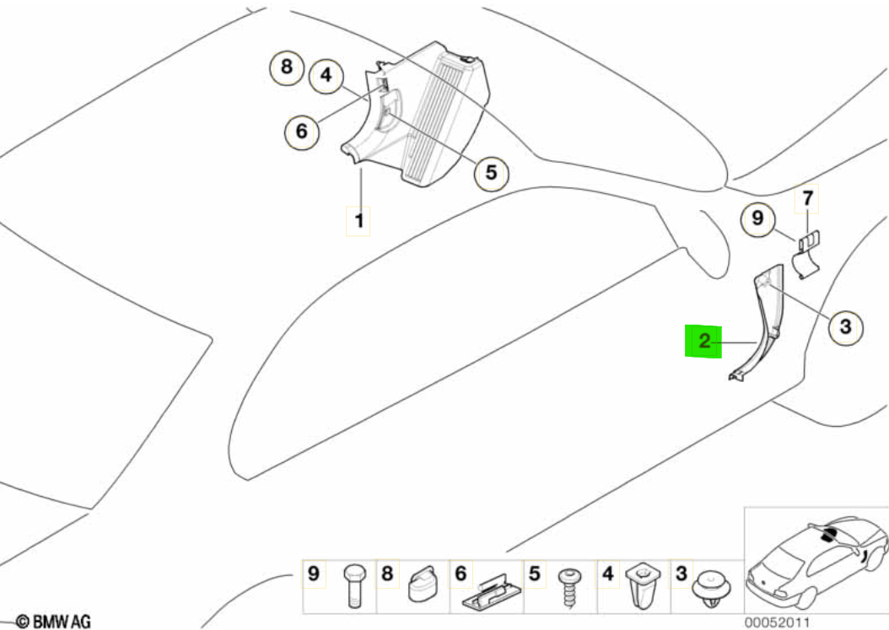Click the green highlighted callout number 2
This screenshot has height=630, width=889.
click(x=703, y=342)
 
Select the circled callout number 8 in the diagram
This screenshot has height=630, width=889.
click(x=286, y=67)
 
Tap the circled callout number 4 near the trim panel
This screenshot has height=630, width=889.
click(x=326, y=75)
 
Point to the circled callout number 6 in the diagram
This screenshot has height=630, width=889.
click(x=302, y=132)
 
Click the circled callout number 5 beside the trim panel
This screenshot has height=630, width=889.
click(x=491, y=172)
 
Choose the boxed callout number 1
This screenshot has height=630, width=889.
click(x=358, y=220)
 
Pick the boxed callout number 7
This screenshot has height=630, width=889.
click(x=807, y=198)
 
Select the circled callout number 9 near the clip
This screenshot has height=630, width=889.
click(x=758, y=218)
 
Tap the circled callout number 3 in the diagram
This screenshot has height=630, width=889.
click(x=845, y=326)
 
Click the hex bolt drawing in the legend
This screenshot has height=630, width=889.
click(x=353, y=586)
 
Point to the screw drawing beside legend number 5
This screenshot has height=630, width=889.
click(x=568, y=588)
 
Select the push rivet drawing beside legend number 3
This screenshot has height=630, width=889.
click(x=711, y=590)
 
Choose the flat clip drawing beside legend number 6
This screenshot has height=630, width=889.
click(x=492, y=591)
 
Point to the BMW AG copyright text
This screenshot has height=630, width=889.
click(x=53, y=622)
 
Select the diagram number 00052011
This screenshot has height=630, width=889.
click(x=777, y=622)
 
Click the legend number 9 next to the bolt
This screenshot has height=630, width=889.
click(x=314, y=573)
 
